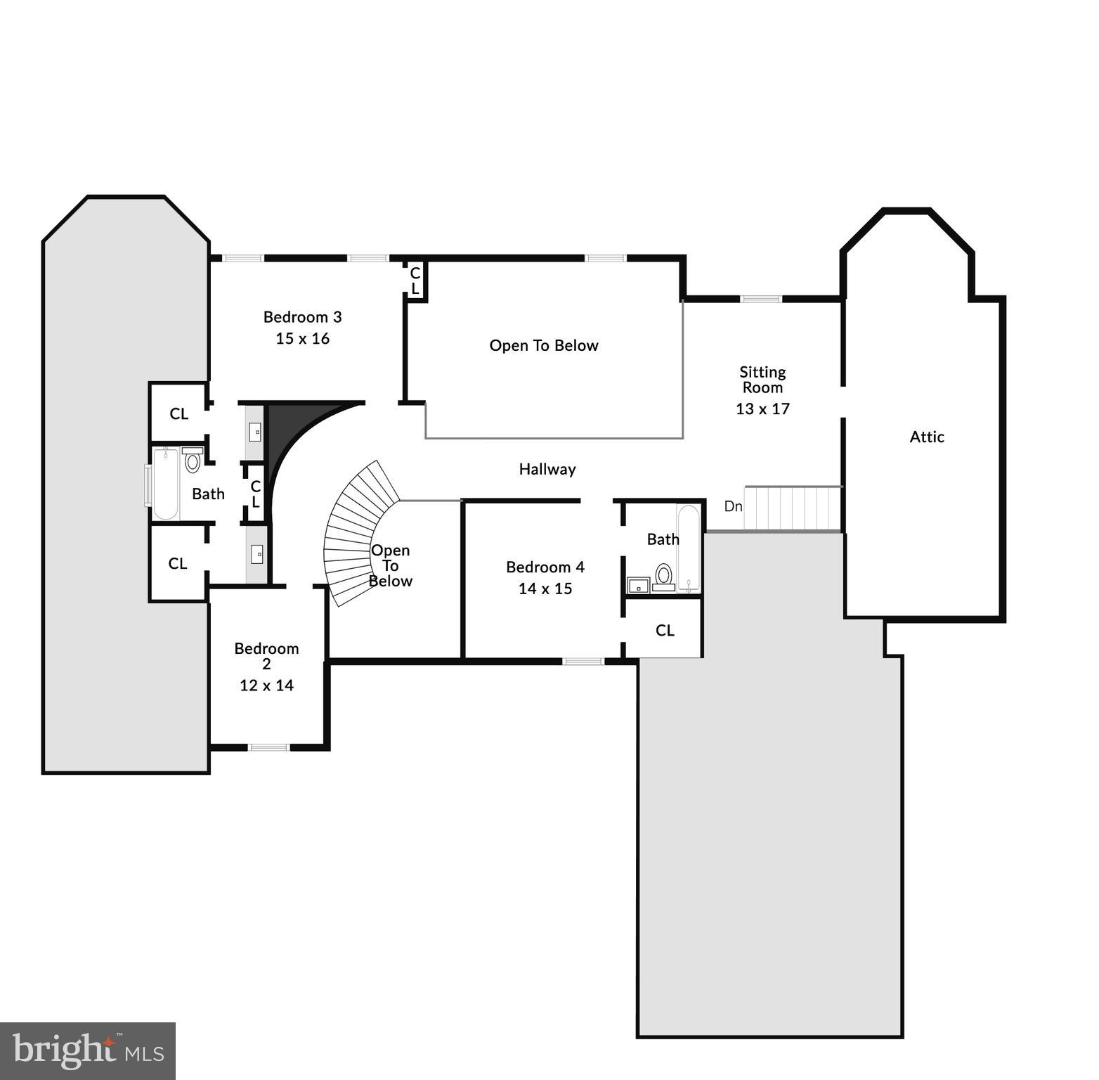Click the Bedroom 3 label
[302, 317]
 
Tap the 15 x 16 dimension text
[302, 339]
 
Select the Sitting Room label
[762, 380]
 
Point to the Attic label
[926, 437]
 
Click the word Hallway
[547, 470]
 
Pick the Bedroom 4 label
[545, 567]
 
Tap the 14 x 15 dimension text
[545, 589]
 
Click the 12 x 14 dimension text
[266, 686]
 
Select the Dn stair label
[733, 506]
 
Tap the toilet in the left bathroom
[193, 461]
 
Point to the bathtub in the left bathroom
[165, 484]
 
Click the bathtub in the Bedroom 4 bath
[689, 548]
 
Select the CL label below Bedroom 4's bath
[665, 631]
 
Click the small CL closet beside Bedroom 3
[415, 281]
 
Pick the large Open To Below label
[544, 346]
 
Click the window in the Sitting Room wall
[761, 300]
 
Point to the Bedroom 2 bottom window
[268, 747]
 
